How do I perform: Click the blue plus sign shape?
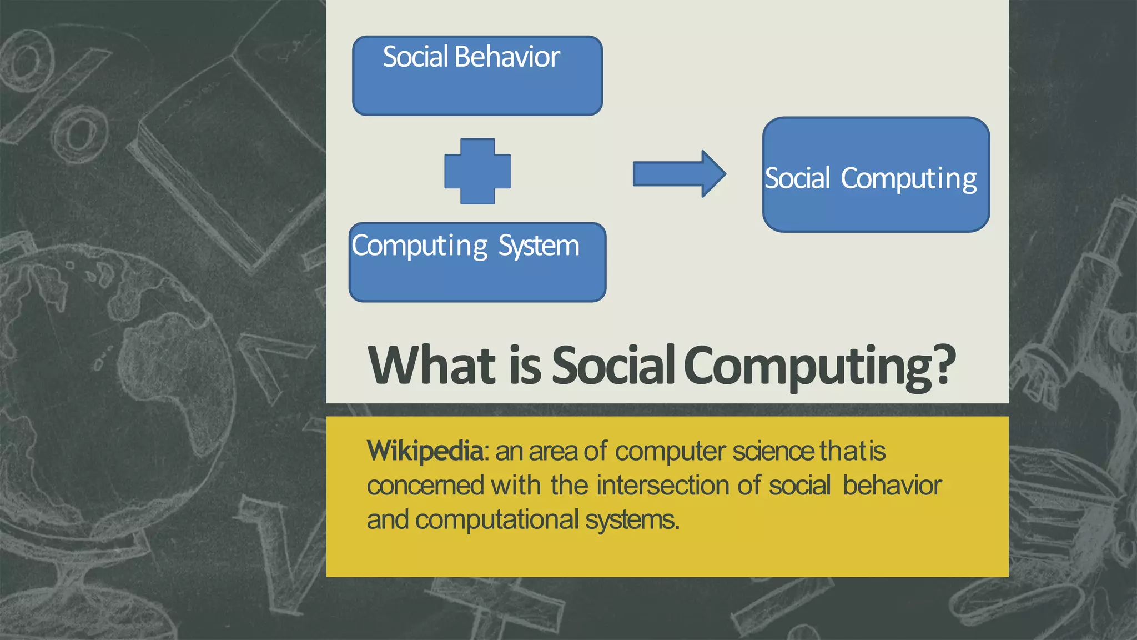click(x=477, y=171)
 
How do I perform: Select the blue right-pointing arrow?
click(x=678, y=173)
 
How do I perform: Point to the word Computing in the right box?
click(x=908, y=179)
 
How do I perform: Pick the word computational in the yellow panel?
click(x=496, y=520)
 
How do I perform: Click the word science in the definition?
click(x=773, y=451)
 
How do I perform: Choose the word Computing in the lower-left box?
click(x=420, y=246)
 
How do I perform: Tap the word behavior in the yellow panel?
click(x=892, y=485)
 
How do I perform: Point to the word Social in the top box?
click(x=415, y=57)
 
